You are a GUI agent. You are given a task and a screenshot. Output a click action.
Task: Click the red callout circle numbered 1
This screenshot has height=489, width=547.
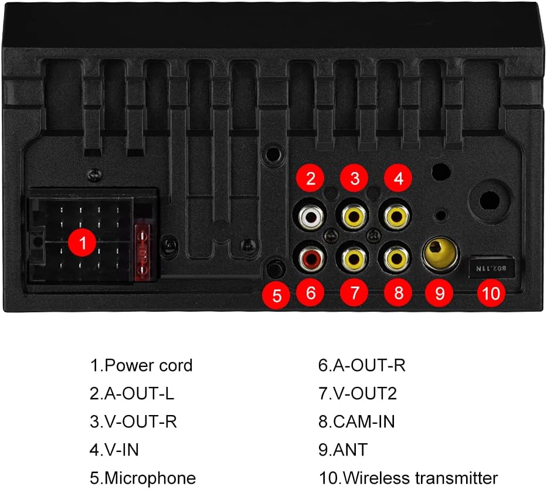pyautogui.click(x=82, y=242)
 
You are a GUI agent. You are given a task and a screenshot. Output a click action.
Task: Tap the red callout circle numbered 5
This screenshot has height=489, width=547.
pyautogui.click(x=276, y=295)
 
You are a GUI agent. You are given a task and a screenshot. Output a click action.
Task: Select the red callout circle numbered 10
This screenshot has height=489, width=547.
pyautogui.click(x=491, y=293)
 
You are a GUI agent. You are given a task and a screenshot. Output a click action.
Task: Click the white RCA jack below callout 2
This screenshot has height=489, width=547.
pyautogui.click(x=311, y=217)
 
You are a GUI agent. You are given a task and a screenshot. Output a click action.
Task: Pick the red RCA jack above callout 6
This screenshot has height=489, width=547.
pyautogui.click(x=311, y=259)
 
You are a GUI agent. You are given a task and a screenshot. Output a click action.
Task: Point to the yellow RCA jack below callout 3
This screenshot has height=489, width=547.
pyautogui.click(x=354, y=217)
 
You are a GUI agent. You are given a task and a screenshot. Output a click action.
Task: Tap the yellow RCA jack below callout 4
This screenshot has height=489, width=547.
pyautogui.click(x=397, y=217)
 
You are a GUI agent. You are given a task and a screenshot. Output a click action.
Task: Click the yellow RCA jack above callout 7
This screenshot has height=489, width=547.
pyautogui.click(x=354, y=259)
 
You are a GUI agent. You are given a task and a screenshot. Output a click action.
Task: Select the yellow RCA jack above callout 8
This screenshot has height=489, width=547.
pyautogui.click(x=397, y=259)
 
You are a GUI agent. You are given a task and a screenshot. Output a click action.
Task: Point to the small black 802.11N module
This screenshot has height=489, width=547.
pyautogui.click(x=491, y=268)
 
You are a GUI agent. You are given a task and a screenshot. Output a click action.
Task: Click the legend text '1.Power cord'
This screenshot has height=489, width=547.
pyautogui.click(x=141, y=366)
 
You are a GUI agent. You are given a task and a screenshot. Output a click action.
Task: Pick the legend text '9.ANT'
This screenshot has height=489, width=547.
pyautogui.click(x=343, y=450)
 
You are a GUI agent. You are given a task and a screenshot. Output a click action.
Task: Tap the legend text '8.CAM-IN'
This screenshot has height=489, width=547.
pyautogui.click(x=356, y=421)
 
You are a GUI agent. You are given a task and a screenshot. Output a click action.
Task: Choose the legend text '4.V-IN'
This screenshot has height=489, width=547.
pyautogui.click(x=114, y=450)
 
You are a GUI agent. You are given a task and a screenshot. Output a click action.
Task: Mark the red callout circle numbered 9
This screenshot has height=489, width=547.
pyautogui.click(x=439, y=293)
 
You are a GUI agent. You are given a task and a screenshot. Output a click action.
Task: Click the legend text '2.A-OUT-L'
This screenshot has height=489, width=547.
pyautogui.click(x=132, y=394)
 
